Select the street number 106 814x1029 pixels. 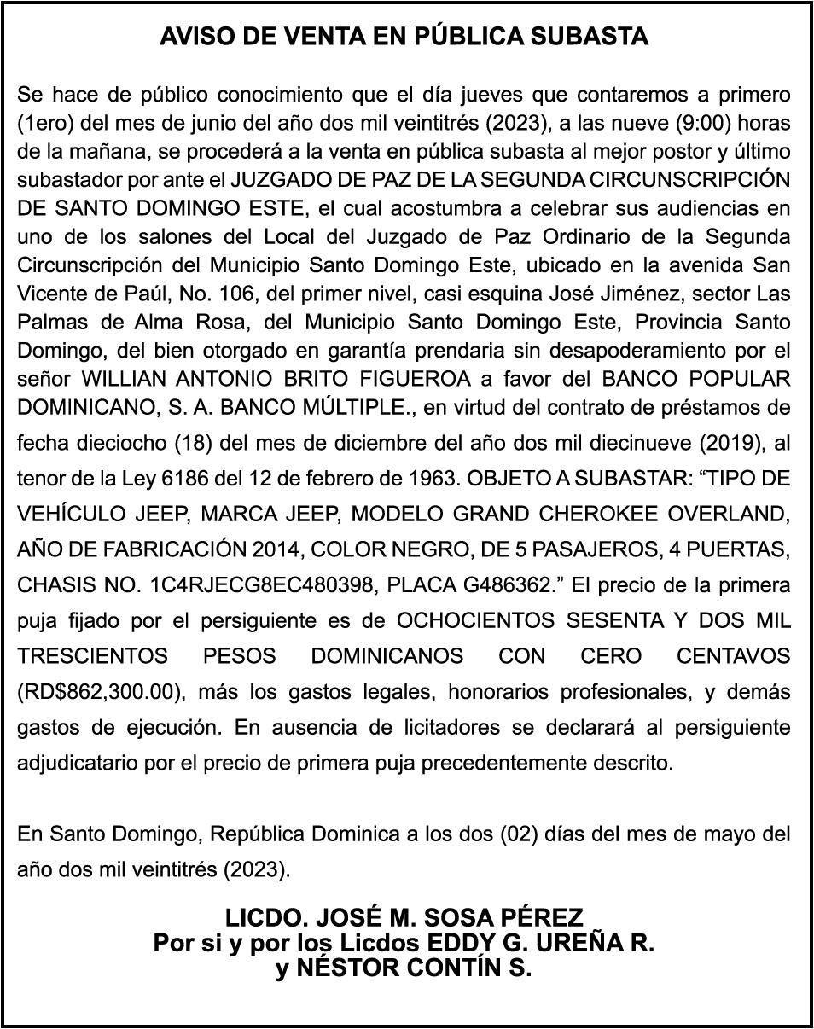[223, 294]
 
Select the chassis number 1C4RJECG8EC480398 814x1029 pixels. [264, 586]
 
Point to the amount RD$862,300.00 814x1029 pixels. [100, 692]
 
